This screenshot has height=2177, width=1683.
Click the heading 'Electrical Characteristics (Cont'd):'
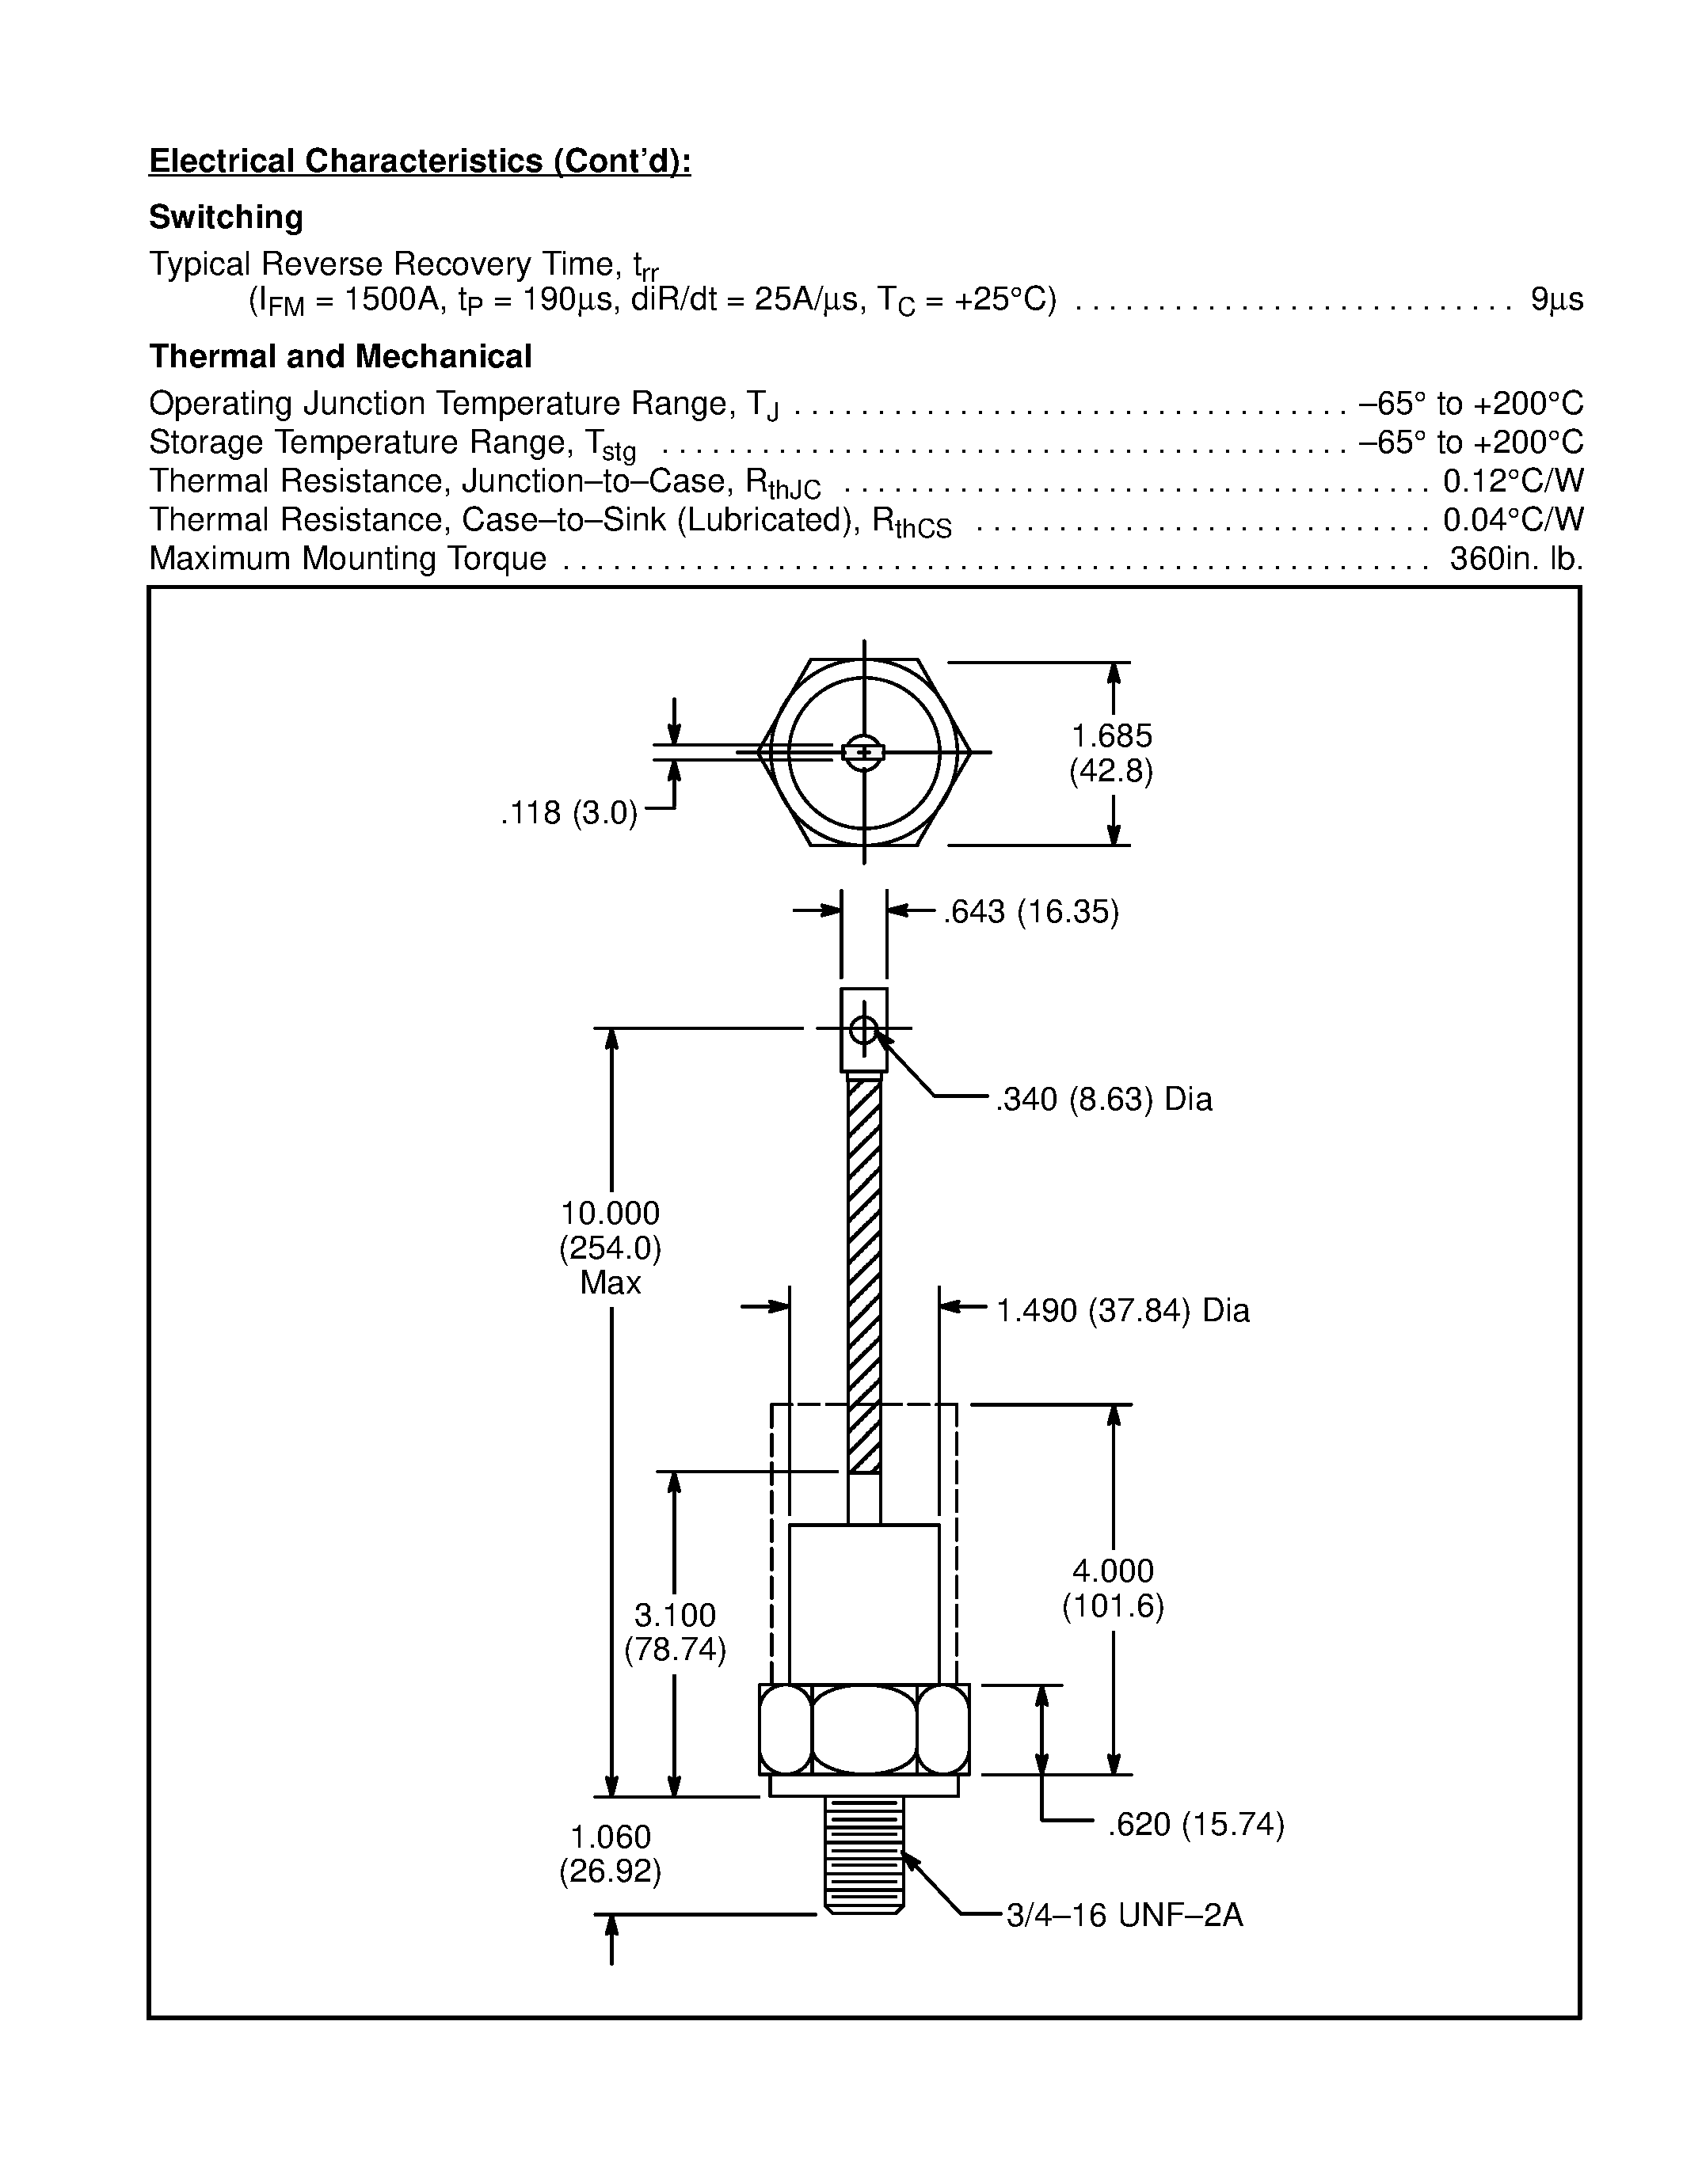(420, 161)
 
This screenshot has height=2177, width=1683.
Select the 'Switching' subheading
(226, 217)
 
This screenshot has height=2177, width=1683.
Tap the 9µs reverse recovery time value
(1556, 300)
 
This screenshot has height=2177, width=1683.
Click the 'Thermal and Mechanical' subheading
(340, 357)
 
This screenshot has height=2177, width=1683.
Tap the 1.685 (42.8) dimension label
(1112, 754)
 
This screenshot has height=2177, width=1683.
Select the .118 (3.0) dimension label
(569, 813)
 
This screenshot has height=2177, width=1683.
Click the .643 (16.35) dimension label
(1031, 912)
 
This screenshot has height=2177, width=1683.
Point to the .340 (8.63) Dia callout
(1104, 1100)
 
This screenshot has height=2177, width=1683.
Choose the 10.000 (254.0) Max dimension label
(610, 1247)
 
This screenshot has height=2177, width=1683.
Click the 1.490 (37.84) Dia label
(1123, 1310)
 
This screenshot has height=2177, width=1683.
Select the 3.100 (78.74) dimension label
(675, 1632)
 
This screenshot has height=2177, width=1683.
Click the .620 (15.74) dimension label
(1195, 1824)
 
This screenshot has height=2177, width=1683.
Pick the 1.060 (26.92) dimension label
(610, 1854)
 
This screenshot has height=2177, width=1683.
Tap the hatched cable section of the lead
(863, 1276)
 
